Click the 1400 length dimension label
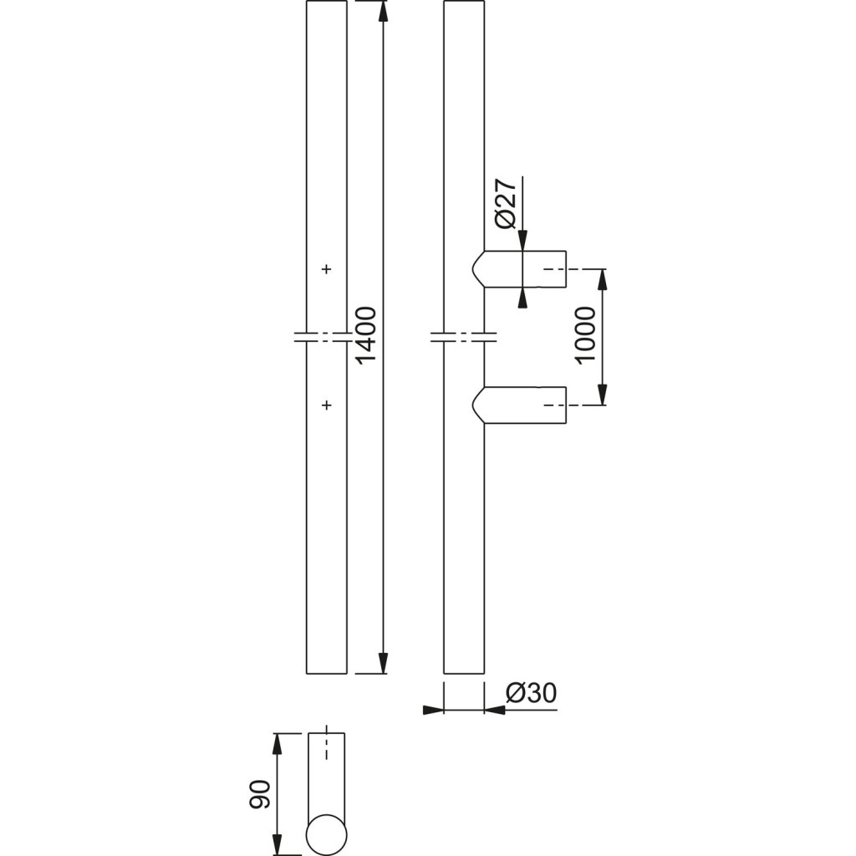(367, 334)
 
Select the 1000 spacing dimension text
(586, 334)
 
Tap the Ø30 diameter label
(532, 694)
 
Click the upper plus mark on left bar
(326, 269)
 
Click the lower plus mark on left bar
(326, 405)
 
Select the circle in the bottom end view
(326, 834)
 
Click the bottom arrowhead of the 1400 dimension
(383, 662)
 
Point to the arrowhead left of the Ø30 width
(432, 711)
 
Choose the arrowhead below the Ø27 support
(522, 298)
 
